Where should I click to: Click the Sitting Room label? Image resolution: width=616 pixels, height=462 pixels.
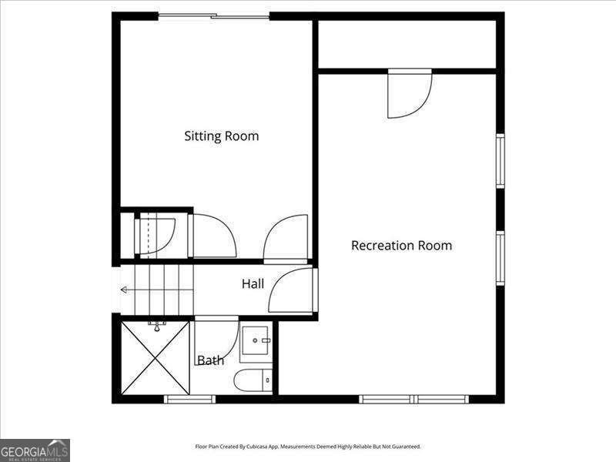pos(221,136)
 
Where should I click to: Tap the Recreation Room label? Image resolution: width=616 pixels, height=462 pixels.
pos(401,246)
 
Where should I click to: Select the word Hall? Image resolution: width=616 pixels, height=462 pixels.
pos(253,284)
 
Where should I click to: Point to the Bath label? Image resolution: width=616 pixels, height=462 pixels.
pos(210,360)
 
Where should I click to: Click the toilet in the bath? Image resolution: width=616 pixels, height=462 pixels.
pos(253,379)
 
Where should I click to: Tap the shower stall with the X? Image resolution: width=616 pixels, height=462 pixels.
pos(155,358)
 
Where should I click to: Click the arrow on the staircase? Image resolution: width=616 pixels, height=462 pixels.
pos(126,290)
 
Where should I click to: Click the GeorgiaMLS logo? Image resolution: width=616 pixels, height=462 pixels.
pos(35,450)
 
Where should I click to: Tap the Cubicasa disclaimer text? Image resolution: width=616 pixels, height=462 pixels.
pos(308,447)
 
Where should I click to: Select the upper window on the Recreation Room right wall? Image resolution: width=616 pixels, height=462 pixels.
pos(500,160)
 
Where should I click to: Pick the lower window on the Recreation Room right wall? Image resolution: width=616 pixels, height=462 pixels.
pos(500,258)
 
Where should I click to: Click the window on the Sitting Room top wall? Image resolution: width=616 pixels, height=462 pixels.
pos(214,16)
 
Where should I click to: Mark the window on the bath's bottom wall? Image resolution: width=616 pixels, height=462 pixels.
pos(189,399)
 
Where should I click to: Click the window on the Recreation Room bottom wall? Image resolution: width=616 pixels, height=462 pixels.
pos(414,399)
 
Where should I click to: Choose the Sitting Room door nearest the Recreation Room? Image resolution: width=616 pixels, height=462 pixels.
pos(286,238)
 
